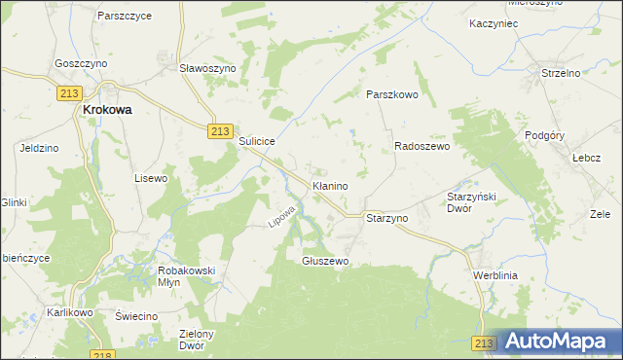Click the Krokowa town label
(107, 111)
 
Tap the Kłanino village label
(330, 185)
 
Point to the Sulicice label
(258, 141)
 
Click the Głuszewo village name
(325, 261)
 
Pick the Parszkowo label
(391, 94)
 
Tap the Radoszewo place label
(421, 146)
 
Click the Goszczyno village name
(81, 61)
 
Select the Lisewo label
(151, 179)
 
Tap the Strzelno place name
(561, 73)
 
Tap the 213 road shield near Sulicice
(220, 132)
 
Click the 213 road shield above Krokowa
(68, 93)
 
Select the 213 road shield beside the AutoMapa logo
(485, 343)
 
